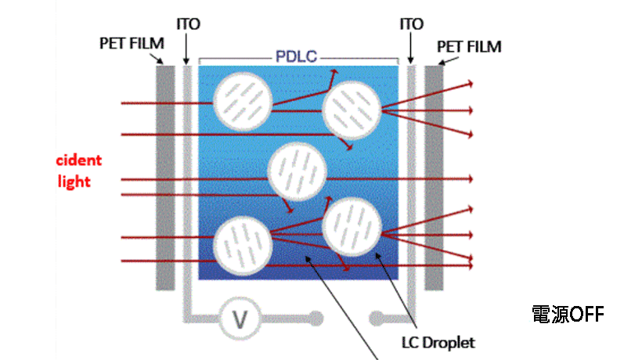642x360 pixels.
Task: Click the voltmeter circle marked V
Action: pos(241,319)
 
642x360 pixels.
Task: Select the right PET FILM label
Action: pos(469,47)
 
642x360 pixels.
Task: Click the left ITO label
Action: pos(188,24)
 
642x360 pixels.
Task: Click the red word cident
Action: pos(78,160)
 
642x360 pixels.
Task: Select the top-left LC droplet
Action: pos(243,103)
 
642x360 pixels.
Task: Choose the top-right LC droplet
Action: pos(352,111)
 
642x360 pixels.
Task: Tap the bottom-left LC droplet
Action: pos(243,247)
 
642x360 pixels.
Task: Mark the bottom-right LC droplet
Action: pos(352,227)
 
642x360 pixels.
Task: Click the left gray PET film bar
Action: pos(165,178)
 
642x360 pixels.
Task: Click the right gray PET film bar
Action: pos(435,178)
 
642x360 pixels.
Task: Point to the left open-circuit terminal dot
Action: pos(316,319)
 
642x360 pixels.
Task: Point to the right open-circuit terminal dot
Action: pos(376,319)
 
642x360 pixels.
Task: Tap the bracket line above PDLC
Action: pos(235,58)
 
